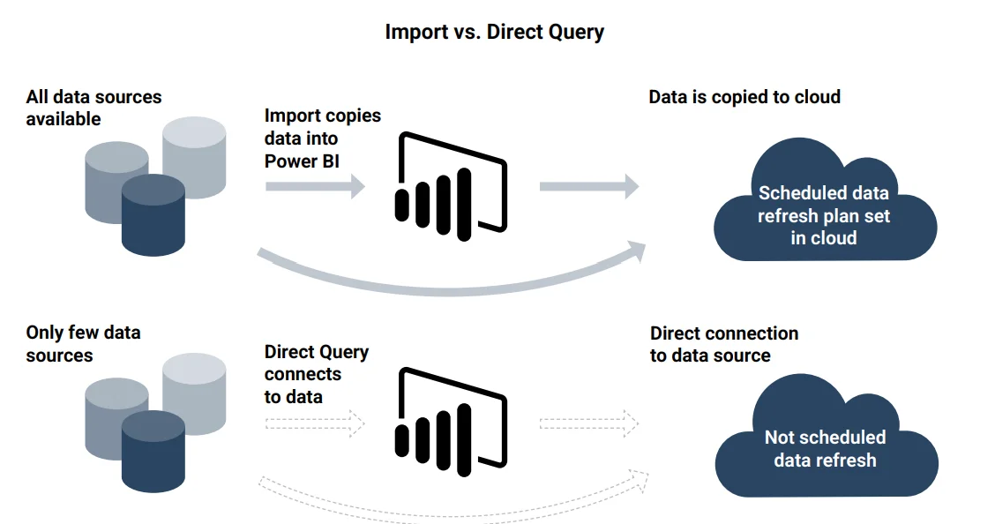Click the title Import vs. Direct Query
(494, 33)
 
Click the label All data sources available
(94, 108)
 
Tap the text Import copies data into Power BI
(322, 138)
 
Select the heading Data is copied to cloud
(744, 97)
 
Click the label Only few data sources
(83, 344)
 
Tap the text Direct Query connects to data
(316, 374)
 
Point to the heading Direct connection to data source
(723, 344)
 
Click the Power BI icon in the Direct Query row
(449, 420)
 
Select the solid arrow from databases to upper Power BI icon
(314, 186)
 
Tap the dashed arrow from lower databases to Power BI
(314, 423)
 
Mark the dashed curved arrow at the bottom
(450, 509)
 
